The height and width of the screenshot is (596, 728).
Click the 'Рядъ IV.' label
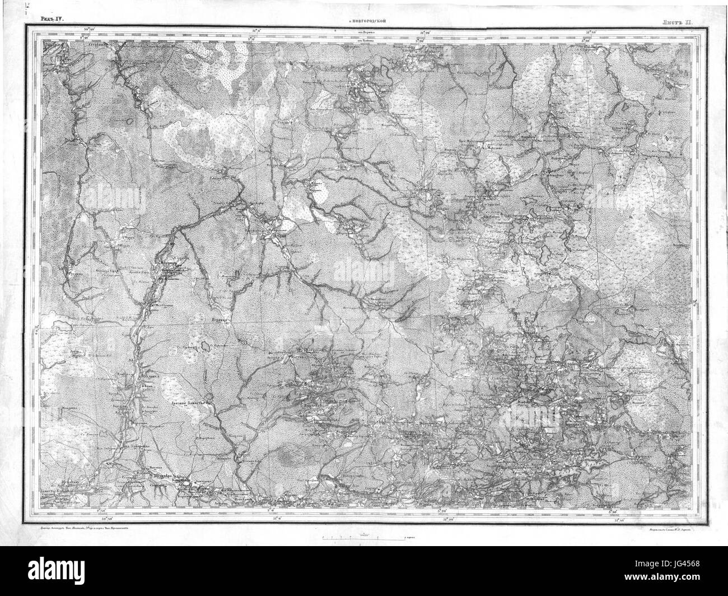(x=52, y=19)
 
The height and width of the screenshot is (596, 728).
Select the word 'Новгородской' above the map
(x=367, y=21)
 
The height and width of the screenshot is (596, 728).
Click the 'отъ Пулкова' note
(x=367, y=40)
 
